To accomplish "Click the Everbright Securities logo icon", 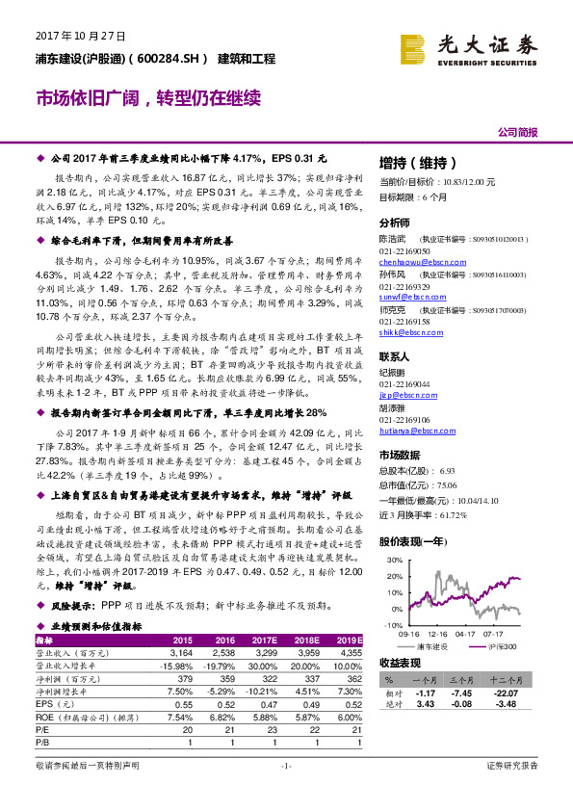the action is click(415, 46).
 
